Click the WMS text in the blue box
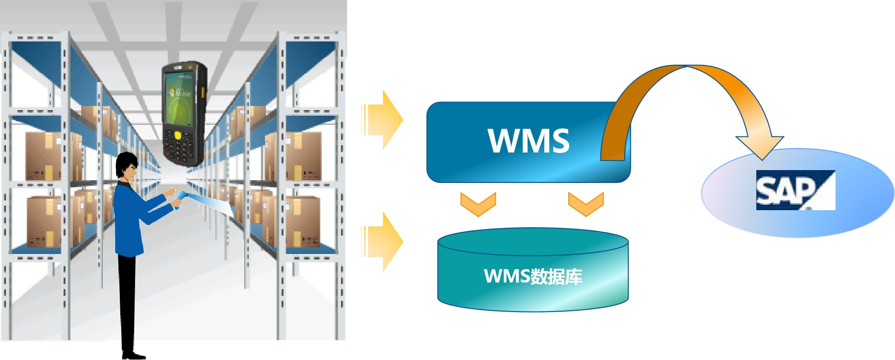(528, 140)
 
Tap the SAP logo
(795, 190)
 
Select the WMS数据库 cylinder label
(533, 276)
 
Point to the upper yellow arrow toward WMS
(383, 120)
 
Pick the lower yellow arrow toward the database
(383, 241)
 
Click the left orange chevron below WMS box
(478, 204)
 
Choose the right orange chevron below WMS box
(586, 204)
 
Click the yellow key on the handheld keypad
(177, 135)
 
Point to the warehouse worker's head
(127, 166)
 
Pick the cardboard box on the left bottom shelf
(44, 221)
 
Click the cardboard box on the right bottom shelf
(302, 221)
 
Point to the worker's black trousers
(127, 300)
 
